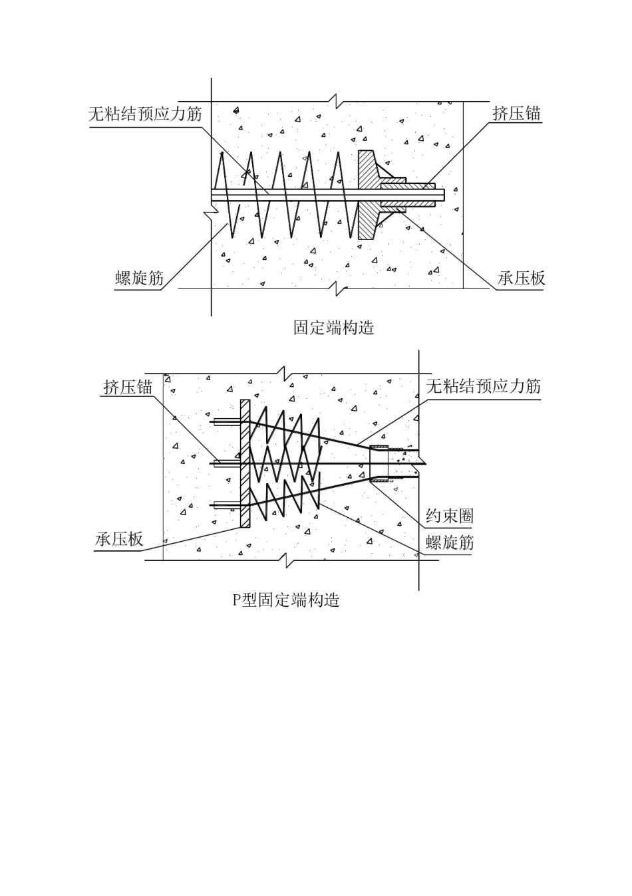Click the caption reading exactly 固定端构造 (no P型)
[333, 328]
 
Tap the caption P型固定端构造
[285, 600]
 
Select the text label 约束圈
[449, 516]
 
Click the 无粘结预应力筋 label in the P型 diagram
[483, 386]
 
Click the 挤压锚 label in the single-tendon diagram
[516, 113]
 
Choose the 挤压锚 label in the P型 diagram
[128, 387]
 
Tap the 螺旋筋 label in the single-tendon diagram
[139, 278]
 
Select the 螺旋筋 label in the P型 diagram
[449, 542]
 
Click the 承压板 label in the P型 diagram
[119, 538]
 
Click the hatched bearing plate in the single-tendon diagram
[366, 195]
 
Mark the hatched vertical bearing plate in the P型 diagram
[245, 463]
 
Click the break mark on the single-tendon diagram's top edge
[339, 102]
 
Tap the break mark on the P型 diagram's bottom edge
[287, 560]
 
